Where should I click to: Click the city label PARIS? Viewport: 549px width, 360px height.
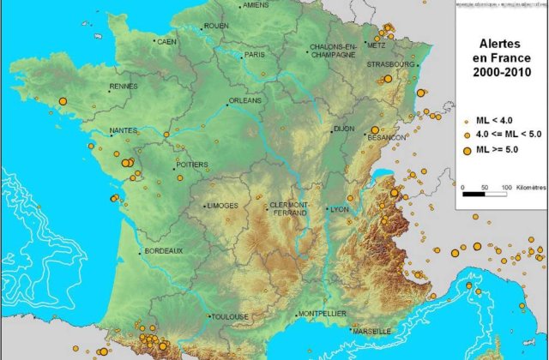pyautogui.click(x=256, y=54)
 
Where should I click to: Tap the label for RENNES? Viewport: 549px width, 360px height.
pyautogui.click(x=123, y=86)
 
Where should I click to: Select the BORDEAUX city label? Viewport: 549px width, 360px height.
pyautogui.click(x=164, y=250)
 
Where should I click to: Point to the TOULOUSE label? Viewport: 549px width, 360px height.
pyautogui.click(x=230, y=316)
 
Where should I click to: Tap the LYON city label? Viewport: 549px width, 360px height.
pyautogui.click(x=340, y=209)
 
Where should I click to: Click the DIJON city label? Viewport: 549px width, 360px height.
pyautogui.click(x=343, y=129)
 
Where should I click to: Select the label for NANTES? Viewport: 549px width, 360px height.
pyautogui.click(x=124, y=131)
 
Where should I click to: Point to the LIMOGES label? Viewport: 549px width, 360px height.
pyautogui.click(x=221, y=206)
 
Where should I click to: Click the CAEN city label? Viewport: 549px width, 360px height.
pyautogui.click(x=166, y=41)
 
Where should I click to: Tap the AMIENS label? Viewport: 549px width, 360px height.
pyautogui.click(x=256, y=5)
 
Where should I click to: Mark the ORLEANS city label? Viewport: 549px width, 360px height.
pyautogui.click(x=246, y=100)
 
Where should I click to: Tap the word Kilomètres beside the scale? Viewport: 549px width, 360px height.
pyautogui.click(x=529, y=186)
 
